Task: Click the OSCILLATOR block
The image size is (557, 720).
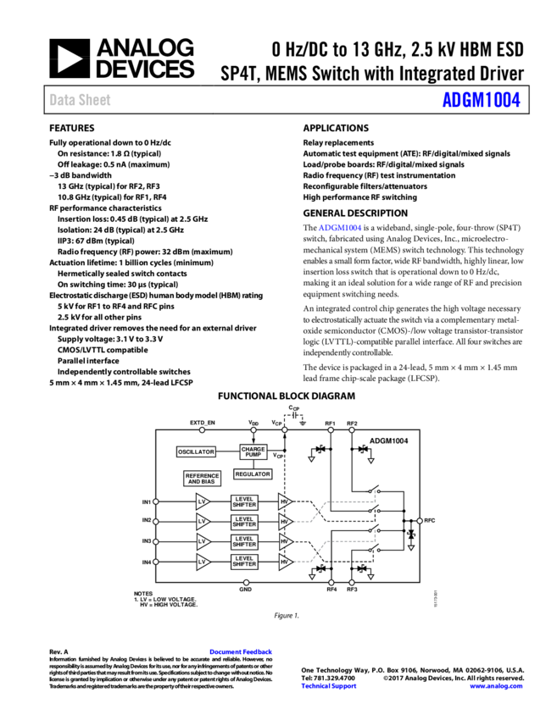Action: (196, 452)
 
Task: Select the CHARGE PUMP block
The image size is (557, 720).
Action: (253, 452)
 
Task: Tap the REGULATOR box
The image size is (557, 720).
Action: (253, 474)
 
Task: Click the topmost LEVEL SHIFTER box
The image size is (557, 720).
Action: (244, 502)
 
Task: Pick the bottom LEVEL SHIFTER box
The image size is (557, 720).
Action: (244, 562)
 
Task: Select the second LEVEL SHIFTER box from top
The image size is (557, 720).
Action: (244, 522)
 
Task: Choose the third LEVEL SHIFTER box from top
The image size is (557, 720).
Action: (244, 542)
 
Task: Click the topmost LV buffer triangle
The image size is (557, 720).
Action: (202, 502)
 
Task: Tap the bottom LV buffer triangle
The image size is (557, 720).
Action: (202, 562)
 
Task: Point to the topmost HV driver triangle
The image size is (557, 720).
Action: (284, 502)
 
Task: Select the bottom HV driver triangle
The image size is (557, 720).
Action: (284, 562)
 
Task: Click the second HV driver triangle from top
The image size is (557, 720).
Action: (284, 522)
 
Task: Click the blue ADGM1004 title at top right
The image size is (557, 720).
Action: (481, 100)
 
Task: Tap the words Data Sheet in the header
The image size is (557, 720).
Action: (80, 100)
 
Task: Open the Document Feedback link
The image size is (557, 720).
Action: (241, 651)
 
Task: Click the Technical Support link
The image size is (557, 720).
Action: (329, 686)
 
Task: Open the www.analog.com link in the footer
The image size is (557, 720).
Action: (496, 686)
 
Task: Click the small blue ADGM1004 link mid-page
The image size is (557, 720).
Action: (340, 228)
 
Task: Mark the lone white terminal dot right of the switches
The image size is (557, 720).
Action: (420, 521)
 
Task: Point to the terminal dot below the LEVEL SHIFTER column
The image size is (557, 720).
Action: (247, 583)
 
